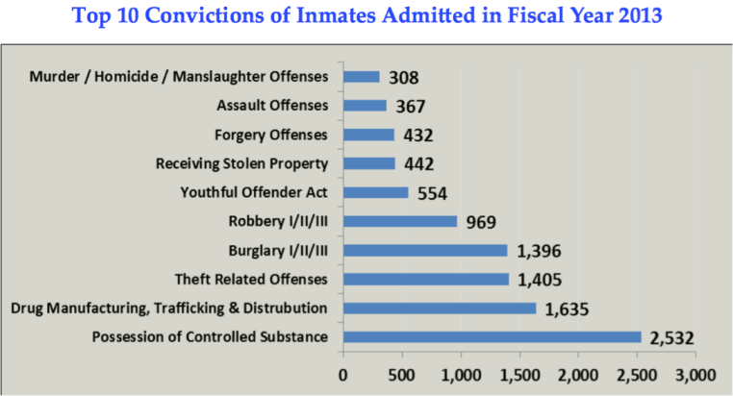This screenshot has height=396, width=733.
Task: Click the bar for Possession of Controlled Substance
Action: point(492,337)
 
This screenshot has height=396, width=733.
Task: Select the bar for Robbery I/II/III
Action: point(399,221)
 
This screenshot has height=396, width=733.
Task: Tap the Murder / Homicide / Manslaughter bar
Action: point(361,76)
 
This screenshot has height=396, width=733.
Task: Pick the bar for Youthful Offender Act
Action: point(375,192)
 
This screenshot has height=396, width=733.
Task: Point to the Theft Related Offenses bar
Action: point(425,280)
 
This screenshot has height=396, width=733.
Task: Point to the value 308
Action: point(402,78)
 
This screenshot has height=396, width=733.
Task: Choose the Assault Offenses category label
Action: point(273,105)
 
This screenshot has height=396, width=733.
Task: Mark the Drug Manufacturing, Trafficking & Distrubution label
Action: point(169,309)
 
